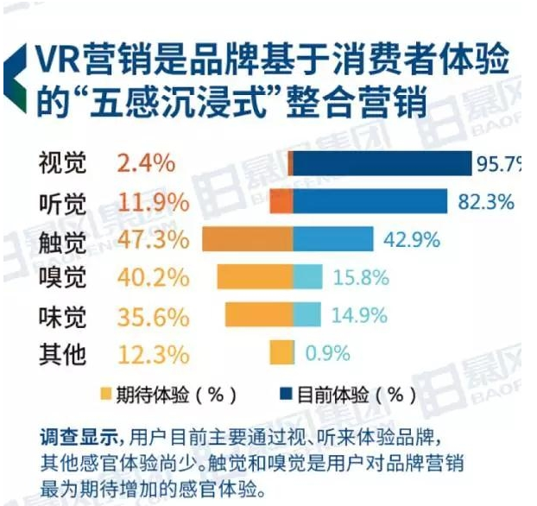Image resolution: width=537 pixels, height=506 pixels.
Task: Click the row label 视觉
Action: (x=62, y=162)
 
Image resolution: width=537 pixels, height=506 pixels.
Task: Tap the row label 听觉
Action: (x=62, y=201)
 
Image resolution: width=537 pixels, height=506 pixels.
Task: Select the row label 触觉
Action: (x=62, y=239)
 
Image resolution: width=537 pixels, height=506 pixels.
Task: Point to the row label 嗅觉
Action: (x=62, y=277)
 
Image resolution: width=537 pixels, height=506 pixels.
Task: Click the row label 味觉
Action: (x=62, y=315)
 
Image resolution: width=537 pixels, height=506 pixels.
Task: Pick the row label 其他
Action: (x=62, y=353)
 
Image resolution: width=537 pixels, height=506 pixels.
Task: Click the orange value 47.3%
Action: (x=152, y=239)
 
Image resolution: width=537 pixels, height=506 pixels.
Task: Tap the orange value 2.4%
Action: (x=145, y=162)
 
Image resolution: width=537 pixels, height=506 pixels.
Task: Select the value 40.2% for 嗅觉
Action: (x=152, y=277)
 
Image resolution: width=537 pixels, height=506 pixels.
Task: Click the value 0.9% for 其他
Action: (x=327, y=353)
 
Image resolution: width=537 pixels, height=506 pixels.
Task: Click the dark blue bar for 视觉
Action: (x=382, y=163)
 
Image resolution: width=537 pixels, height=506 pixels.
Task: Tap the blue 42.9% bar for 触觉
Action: (x=333, y=239)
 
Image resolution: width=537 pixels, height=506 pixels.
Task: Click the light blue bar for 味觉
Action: (x=307, y=315)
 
